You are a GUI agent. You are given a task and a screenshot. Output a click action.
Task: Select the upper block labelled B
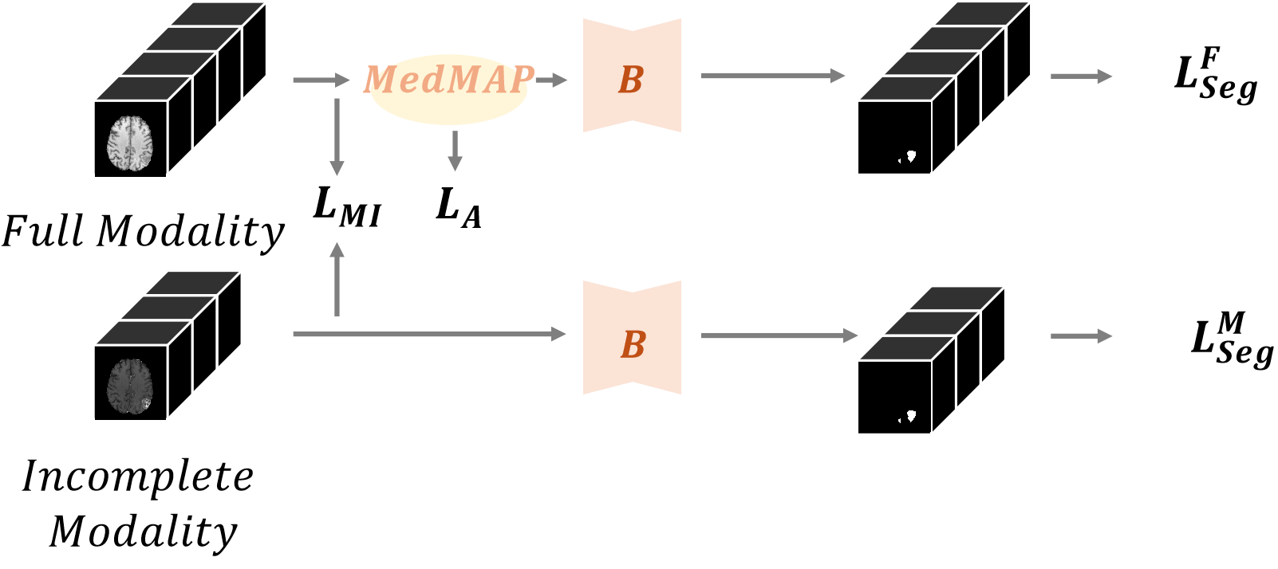[632, 77]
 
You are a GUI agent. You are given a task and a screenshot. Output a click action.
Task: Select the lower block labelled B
[632, 339]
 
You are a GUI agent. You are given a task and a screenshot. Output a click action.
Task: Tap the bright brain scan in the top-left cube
[130, 143]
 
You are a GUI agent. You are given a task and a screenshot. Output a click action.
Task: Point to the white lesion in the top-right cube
[909, 156]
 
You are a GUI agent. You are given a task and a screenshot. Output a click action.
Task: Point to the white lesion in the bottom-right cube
[909, 416]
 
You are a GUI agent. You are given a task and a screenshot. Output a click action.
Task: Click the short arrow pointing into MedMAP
[321, 80]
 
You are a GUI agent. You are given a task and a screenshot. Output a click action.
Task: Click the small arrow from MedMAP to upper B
[550, 80]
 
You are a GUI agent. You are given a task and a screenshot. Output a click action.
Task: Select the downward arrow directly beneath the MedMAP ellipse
[455, 151]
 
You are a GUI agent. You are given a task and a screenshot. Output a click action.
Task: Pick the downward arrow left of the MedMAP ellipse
[337, 135]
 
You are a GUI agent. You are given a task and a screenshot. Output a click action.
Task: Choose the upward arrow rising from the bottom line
[337, 279]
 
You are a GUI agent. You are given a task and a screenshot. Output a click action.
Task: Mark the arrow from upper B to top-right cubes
[772, 76]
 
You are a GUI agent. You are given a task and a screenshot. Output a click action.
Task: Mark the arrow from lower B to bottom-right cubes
[779, 336]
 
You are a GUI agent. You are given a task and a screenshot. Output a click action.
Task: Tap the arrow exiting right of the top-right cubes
[1081, 77]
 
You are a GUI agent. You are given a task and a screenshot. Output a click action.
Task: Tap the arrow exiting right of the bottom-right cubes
[1081, 336]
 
